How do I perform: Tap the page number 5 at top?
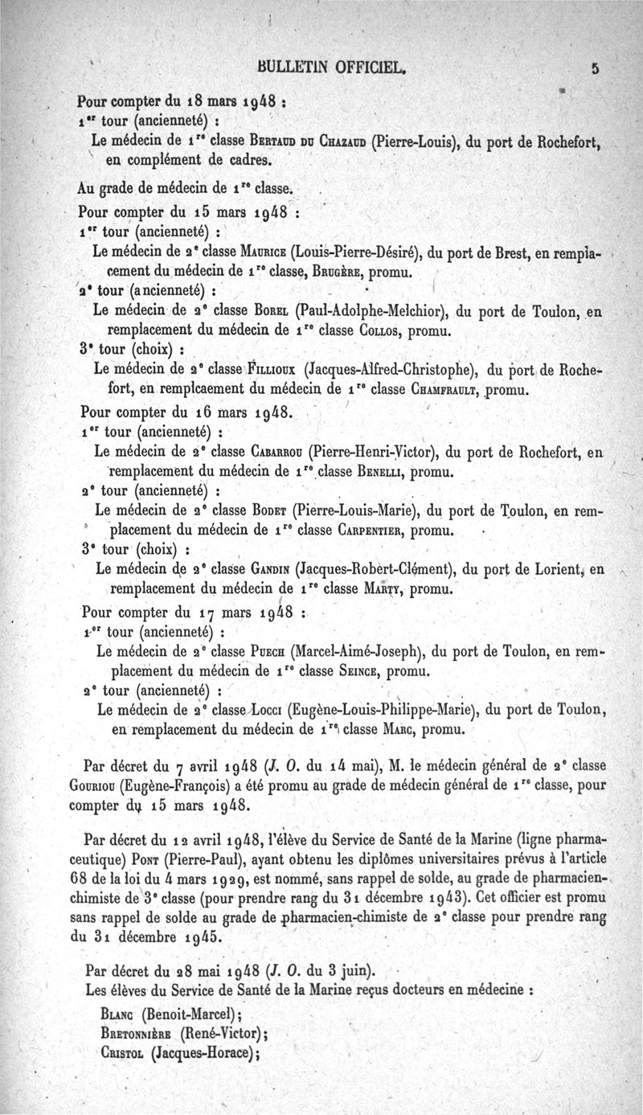click(x=596, y=69)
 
